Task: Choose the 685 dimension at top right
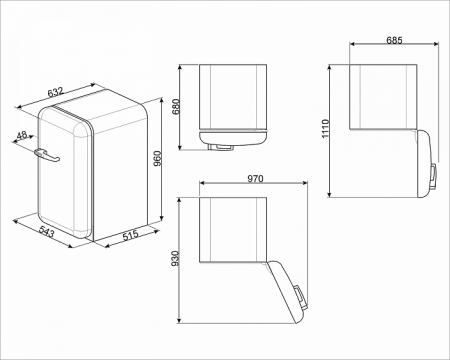[x=396, y=40]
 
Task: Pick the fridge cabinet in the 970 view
[x=232, y=228]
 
